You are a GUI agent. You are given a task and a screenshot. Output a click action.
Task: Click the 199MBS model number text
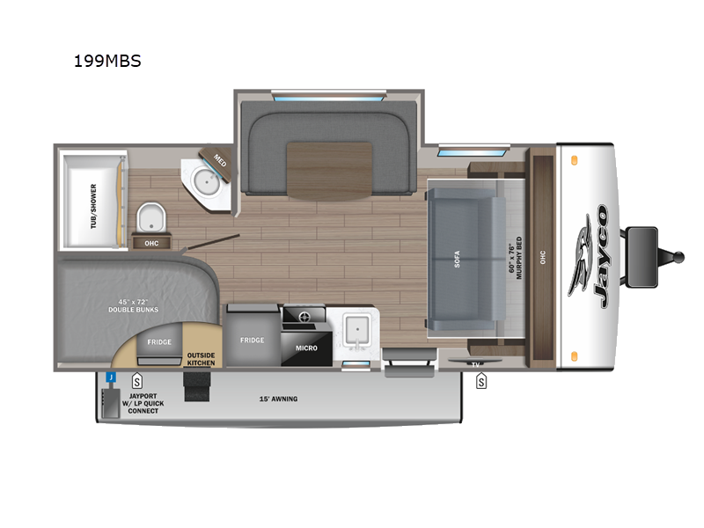[x=108, y=62]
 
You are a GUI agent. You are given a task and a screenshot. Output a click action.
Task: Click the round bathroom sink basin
[x=209, y=182]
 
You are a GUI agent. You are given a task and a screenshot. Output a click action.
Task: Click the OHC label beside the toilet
[x=150, y=243]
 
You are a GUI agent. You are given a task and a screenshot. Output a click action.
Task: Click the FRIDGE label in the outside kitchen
[x=158, y=341]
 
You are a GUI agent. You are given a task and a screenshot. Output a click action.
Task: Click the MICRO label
[x=306, y=348]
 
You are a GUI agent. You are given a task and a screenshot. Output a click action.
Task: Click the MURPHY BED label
[x=516, y=258]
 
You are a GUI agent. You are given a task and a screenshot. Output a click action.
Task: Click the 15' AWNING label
[x=278, y=399]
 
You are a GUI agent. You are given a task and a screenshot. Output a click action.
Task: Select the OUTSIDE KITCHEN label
[x=201, y=358]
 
